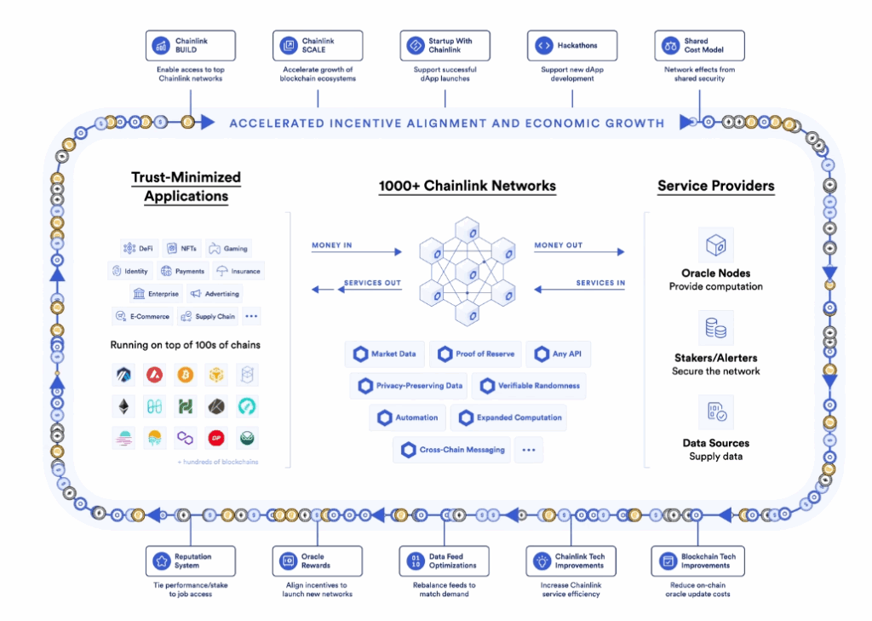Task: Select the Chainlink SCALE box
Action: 318,45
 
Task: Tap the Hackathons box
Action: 572,45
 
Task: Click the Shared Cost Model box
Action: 700,45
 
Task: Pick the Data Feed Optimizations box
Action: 445,561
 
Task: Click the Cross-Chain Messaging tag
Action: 453,450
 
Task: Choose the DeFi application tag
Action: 141,249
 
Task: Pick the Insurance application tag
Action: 238,271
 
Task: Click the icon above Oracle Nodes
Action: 715,245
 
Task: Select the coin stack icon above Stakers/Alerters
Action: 715,328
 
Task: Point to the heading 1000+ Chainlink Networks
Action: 467,186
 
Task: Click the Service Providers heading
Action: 715,186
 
